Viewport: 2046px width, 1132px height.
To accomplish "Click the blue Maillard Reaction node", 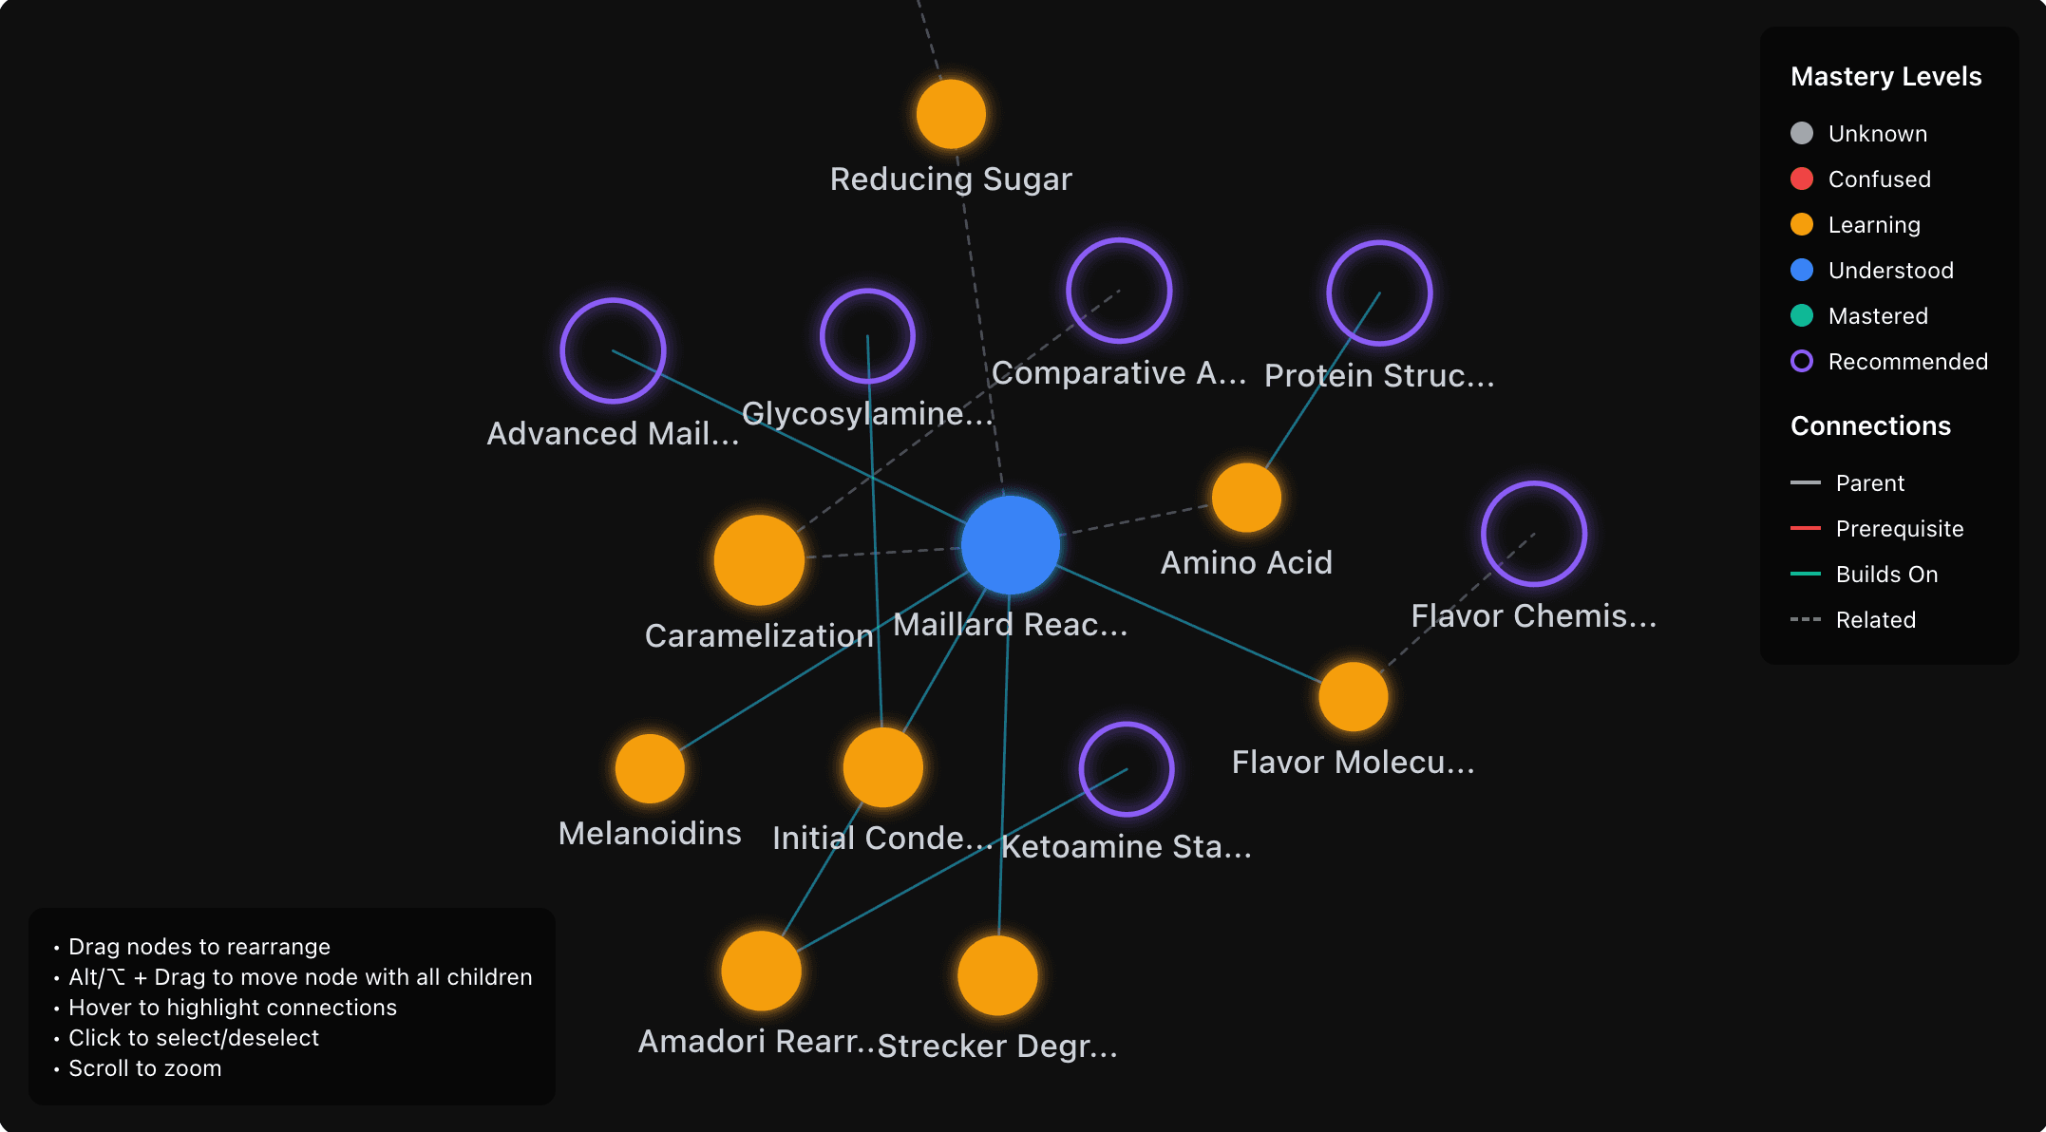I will pos(1010,545).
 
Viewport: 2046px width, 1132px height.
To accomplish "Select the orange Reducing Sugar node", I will pos(951,114).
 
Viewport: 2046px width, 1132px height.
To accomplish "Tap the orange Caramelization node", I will pos(759,560).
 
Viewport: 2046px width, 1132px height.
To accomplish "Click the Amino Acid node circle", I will pos(1246,498).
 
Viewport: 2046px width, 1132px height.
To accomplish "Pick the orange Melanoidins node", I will pos(650,768).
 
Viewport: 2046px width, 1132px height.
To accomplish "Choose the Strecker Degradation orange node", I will pos(997,975).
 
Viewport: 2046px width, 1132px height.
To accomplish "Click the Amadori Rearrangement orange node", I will pos(761,971).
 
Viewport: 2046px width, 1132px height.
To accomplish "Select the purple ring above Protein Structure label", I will pos(1379,293).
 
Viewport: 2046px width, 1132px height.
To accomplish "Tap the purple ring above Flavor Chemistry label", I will pos(1533,534).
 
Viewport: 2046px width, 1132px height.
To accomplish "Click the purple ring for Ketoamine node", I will pos(1127,769).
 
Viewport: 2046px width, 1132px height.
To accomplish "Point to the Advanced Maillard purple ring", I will pos(613,350).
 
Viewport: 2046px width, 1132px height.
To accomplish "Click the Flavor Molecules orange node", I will pos(1353,697).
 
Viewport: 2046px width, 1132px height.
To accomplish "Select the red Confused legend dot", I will pos(1801,179).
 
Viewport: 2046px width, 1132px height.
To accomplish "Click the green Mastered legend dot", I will pos(1801,315).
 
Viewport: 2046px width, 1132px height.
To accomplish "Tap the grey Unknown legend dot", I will pos(1801,133).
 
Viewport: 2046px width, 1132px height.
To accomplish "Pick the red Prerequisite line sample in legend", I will pos(1805,528).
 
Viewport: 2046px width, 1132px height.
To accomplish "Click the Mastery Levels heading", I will pos(1885,76).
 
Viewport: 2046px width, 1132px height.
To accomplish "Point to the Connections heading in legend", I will pos(1870,425).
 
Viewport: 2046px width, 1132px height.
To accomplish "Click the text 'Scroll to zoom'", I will pos(144,1068).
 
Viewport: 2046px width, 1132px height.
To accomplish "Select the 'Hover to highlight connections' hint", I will pos(232,1008).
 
